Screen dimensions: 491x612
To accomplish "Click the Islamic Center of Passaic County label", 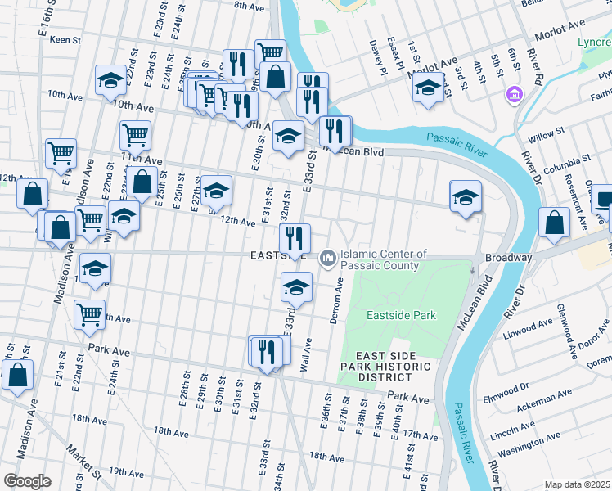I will pyautogui.click(x=383, y=259).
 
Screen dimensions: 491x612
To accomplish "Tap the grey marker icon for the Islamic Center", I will pyautogui.click(x=328, y=259).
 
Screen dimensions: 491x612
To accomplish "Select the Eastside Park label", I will pyautogui.click(x=400, y=315).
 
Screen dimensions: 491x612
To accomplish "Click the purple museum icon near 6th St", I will pyautogui.click(x=515, y=95).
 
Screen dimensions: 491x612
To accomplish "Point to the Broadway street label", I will pyautogui.click(x=509, y=257).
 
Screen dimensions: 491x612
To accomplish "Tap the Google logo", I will pyautogui.click(x=26, y=480).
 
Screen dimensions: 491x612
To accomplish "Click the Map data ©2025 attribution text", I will pyautogui.click(x=576, y=484).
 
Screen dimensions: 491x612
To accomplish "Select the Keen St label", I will pyautogui.click(x=68, y=39).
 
